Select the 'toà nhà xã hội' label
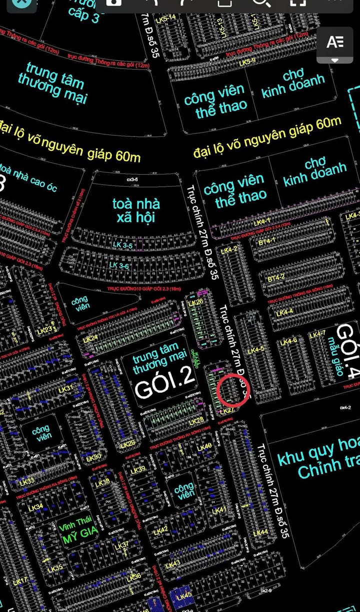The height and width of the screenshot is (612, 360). click(x=136, y=210)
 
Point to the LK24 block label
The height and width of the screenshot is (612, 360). click(x=90, y=339)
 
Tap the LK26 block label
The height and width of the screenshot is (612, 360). click(x=196, y=302)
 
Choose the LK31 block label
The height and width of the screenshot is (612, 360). click(x=65, y=389)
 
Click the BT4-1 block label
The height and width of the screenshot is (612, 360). click(x=267, y=242)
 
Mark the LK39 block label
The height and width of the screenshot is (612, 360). click(x=137, y=470)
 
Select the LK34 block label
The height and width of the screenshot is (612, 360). click(x=35, y=508)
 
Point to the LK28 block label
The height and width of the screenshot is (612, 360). click(x=196, y=421)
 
